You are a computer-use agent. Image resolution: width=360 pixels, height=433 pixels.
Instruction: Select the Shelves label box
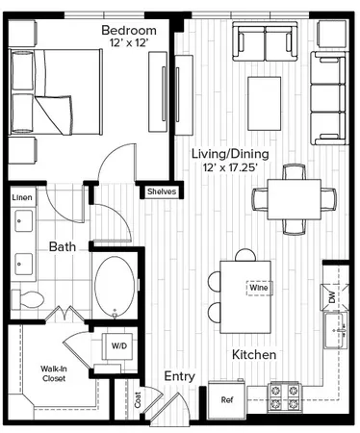click(x=161, y=191)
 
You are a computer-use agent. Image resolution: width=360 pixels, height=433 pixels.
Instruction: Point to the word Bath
click(x=63, y=247)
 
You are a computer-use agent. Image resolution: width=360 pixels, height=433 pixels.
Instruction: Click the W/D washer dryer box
click(x=119, y=344)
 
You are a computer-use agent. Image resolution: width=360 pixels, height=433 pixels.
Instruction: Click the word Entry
click(x=180, y=376)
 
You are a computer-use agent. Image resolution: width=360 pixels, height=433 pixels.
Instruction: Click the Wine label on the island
click(x=258, y=287)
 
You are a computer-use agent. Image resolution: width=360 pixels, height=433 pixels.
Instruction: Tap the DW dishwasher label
click(x=333, y=298)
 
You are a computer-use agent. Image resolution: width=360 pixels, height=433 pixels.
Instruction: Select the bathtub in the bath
click(x=116, y=286)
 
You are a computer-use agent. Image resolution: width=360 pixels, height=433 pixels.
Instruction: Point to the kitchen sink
click(x=337, y=338)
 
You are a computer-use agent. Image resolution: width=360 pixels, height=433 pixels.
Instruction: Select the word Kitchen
click(x=255, y=355)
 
